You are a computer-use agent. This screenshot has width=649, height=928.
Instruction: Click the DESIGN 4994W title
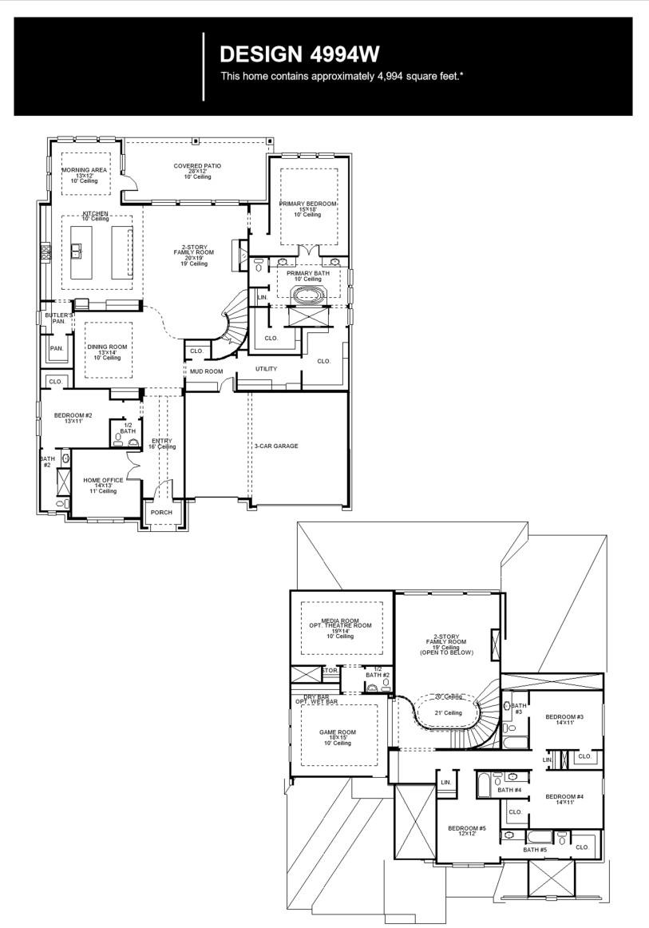(x=299, y=54)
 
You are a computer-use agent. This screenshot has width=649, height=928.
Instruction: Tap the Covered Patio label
(x=197, y=166)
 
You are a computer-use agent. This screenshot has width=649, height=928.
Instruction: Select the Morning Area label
(x=85, y=170)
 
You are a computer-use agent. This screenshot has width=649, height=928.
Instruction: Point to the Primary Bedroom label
(x=307, y=204)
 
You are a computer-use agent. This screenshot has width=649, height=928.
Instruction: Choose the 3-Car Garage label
(x=276, y=446)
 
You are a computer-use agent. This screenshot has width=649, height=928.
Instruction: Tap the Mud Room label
(x=206, y=371)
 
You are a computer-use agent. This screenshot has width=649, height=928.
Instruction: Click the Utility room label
(x=266, y=369)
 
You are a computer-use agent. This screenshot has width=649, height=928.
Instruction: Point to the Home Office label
(x=103, y=480)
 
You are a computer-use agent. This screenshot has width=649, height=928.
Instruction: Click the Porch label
(x=161, y=513)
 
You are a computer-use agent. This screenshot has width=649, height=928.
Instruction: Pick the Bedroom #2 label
(x=73, y=415)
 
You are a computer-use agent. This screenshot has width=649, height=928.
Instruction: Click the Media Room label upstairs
(x=340, y=621)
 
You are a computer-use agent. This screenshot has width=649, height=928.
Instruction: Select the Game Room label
(x=337, y=732)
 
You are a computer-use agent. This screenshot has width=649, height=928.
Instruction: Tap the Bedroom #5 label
(x=467, y=828)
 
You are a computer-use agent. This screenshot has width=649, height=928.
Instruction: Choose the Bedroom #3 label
(x=564, y=717)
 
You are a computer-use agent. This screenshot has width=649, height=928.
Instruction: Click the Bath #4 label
(x=509, y=790)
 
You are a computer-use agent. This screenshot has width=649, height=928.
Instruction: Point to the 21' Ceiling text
(x=448, y=713)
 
